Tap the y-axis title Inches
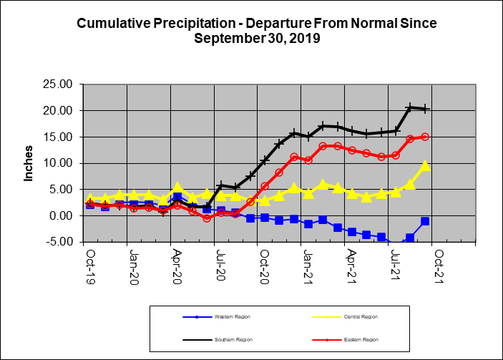coord(29,164)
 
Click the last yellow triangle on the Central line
coord(425,165)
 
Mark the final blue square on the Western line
coord(425,221)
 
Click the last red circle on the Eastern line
coord(425,137)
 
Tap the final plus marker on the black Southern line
coord(425,109)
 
